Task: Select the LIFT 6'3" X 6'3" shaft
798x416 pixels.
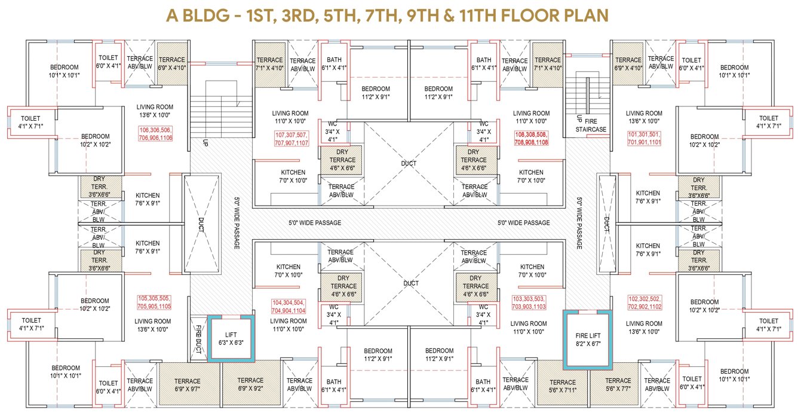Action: coord(231,338)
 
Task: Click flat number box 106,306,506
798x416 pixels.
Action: coord(155,133)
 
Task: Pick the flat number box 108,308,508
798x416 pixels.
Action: coord(531,139)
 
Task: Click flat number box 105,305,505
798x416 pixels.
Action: coord(154,302)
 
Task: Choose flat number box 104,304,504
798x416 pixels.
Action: coord(288,306)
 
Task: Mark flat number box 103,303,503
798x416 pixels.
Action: coord(529,302)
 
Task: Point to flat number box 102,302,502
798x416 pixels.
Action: coord(644,302)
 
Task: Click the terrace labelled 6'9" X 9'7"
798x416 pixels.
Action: coord(187,384)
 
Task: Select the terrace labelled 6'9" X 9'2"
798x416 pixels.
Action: coord(250,384)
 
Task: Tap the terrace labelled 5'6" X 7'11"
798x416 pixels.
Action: coord(563,386)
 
